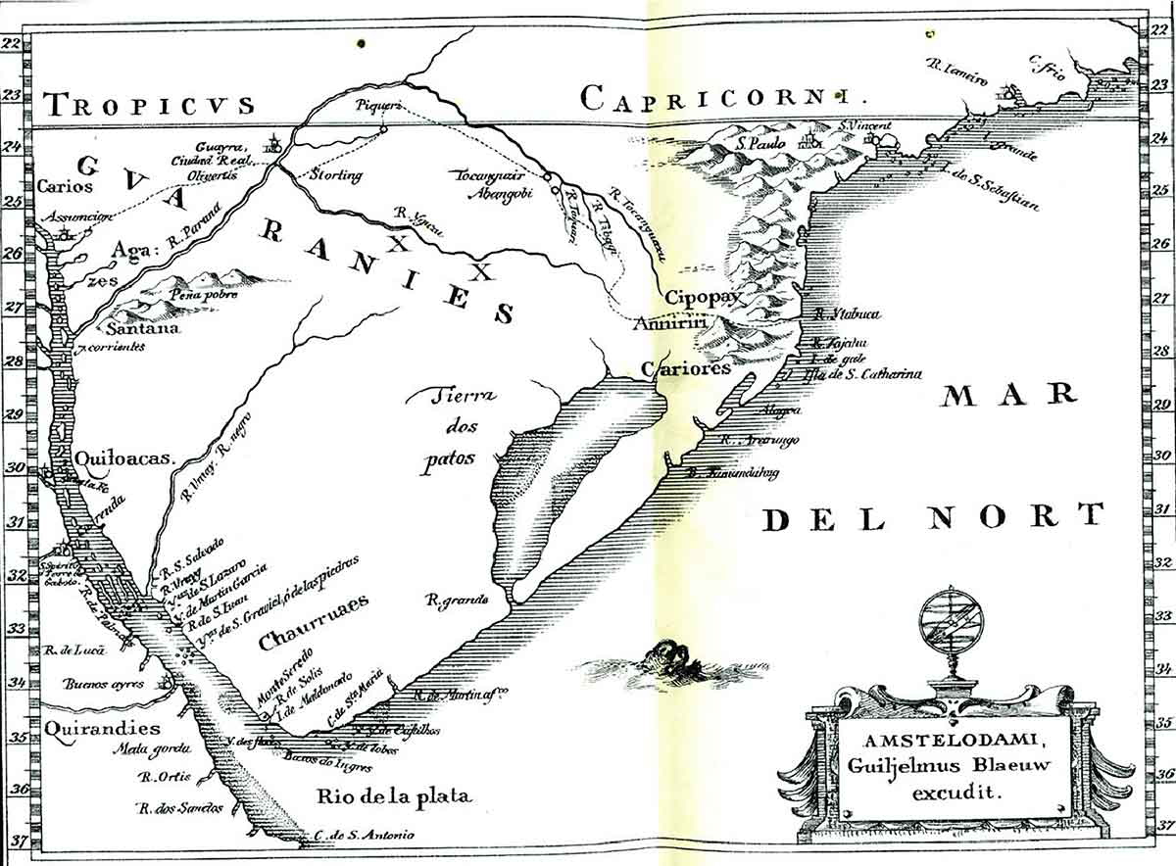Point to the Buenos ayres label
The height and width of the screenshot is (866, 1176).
pyautogui.click(x=105, y=684)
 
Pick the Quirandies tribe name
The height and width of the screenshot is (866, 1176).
pyautogui.click(x=102, y=728)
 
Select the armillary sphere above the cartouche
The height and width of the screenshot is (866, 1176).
pyautogui.click(x=951, y=627)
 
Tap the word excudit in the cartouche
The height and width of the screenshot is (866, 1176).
pyautogui.click(x=951, y=794)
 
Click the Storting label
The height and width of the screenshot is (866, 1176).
pyautogui.click(x=335, y=175)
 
